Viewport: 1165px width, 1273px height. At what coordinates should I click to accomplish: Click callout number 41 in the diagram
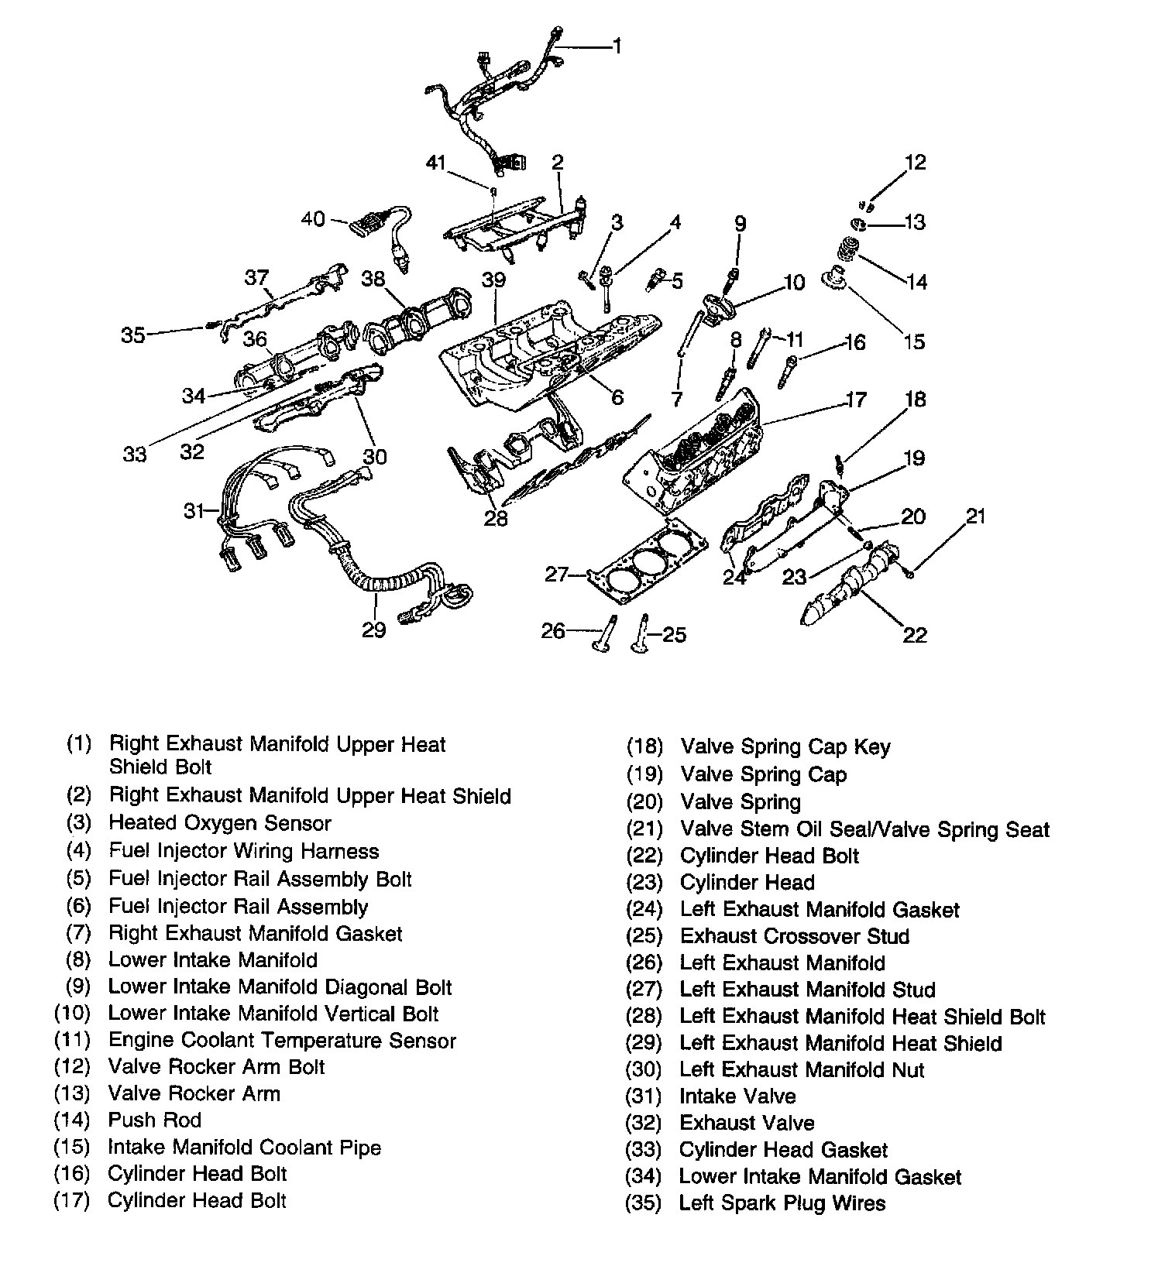(436, 163)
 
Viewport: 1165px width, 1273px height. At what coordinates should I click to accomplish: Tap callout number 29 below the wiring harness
(373, 630)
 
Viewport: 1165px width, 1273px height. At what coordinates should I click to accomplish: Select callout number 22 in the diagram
(915, 635)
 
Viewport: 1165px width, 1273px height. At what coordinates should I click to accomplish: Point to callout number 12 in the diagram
(915, 162)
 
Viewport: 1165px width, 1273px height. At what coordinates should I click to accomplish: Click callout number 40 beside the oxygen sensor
(313, 219)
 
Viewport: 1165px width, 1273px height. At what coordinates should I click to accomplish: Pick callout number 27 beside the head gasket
(558, 574)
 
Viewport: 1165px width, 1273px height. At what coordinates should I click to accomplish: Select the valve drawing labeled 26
(603, 634)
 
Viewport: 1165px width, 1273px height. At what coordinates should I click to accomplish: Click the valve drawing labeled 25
(642, 634)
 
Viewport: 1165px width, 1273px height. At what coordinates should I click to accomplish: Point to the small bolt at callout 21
(909, 572)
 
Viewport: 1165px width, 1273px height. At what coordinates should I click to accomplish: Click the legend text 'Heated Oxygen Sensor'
(220, 823)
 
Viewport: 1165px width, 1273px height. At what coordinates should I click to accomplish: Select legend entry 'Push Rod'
(155, 1120)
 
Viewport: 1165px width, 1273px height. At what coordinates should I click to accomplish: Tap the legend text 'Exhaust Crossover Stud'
(794, 936)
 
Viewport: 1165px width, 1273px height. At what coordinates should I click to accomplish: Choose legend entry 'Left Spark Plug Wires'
(782, 1203)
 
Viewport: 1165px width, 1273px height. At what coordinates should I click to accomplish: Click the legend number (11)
(73, 1040)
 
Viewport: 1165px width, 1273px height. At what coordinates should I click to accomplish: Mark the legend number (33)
(644, 1150)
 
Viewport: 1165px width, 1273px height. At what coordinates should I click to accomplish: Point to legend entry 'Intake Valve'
(737, 1096)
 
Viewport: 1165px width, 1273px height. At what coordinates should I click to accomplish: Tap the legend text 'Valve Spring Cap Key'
(785, 747)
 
